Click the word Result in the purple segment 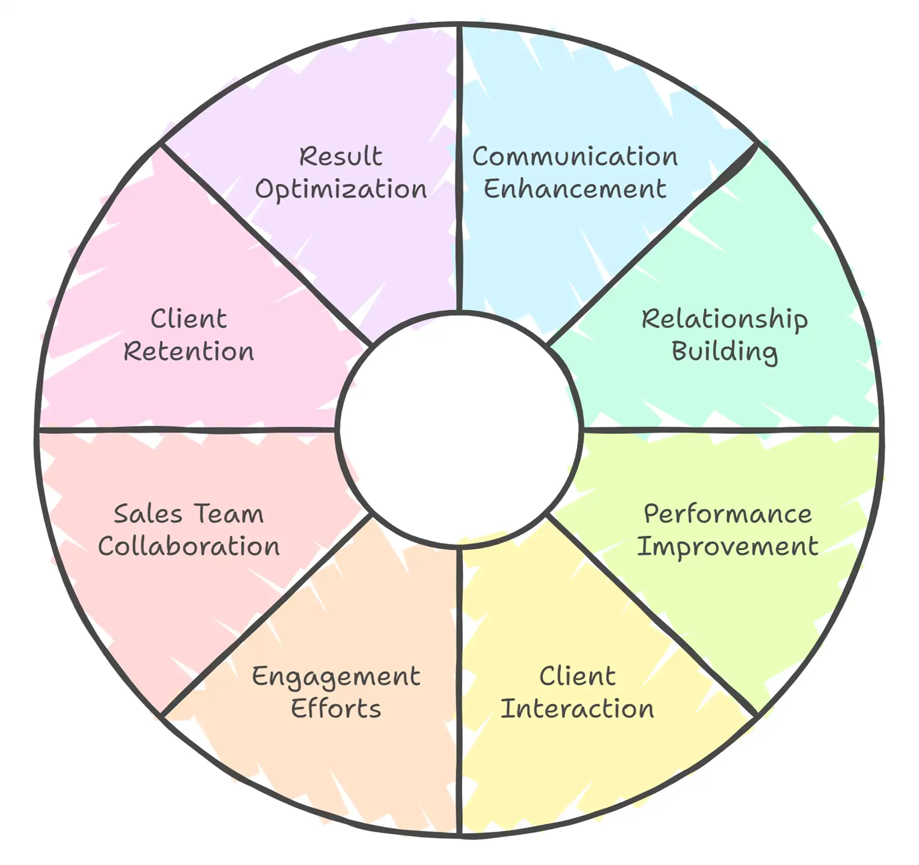click(x=341, y=157)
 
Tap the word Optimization click(x=341, y=190)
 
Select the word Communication click(x=575, y=157)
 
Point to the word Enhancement click(x=575, y=189)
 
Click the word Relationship click(x=724, y=319)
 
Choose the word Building click(x=724, y=351)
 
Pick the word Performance click(x=728, y=514)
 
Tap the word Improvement click(x=728, y=546)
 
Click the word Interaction click(x=577, y=708)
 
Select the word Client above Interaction click(x=577, y=676)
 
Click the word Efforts click(x=336, y=708)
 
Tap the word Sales click(x=148, y=514)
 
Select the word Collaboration click(x=189, y=546)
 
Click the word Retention click(x=189, y=351)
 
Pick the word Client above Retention click(x=189, y=319)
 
